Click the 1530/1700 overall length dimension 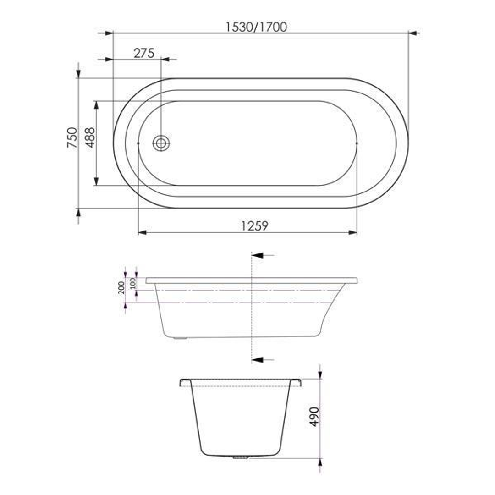coord(256,27)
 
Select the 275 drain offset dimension coord(143,53)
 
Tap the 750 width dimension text coord(72,137)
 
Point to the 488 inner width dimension coord(90,137)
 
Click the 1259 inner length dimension coord(254,225)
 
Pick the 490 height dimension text coord(314,416)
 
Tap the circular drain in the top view coord(161,143)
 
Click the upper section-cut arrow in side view coord(258,255)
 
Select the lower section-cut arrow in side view coord(258,360)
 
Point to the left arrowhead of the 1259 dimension coord(143,232)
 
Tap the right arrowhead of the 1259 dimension coord(352,232)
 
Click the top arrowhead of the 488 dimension coord(96,105)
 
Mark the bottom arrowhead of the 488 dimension coord(96,181)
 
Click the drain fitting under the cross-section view coord(239,457)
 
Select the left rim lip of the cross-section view coord(184,382)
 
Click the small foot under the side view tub coord(180,339)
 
